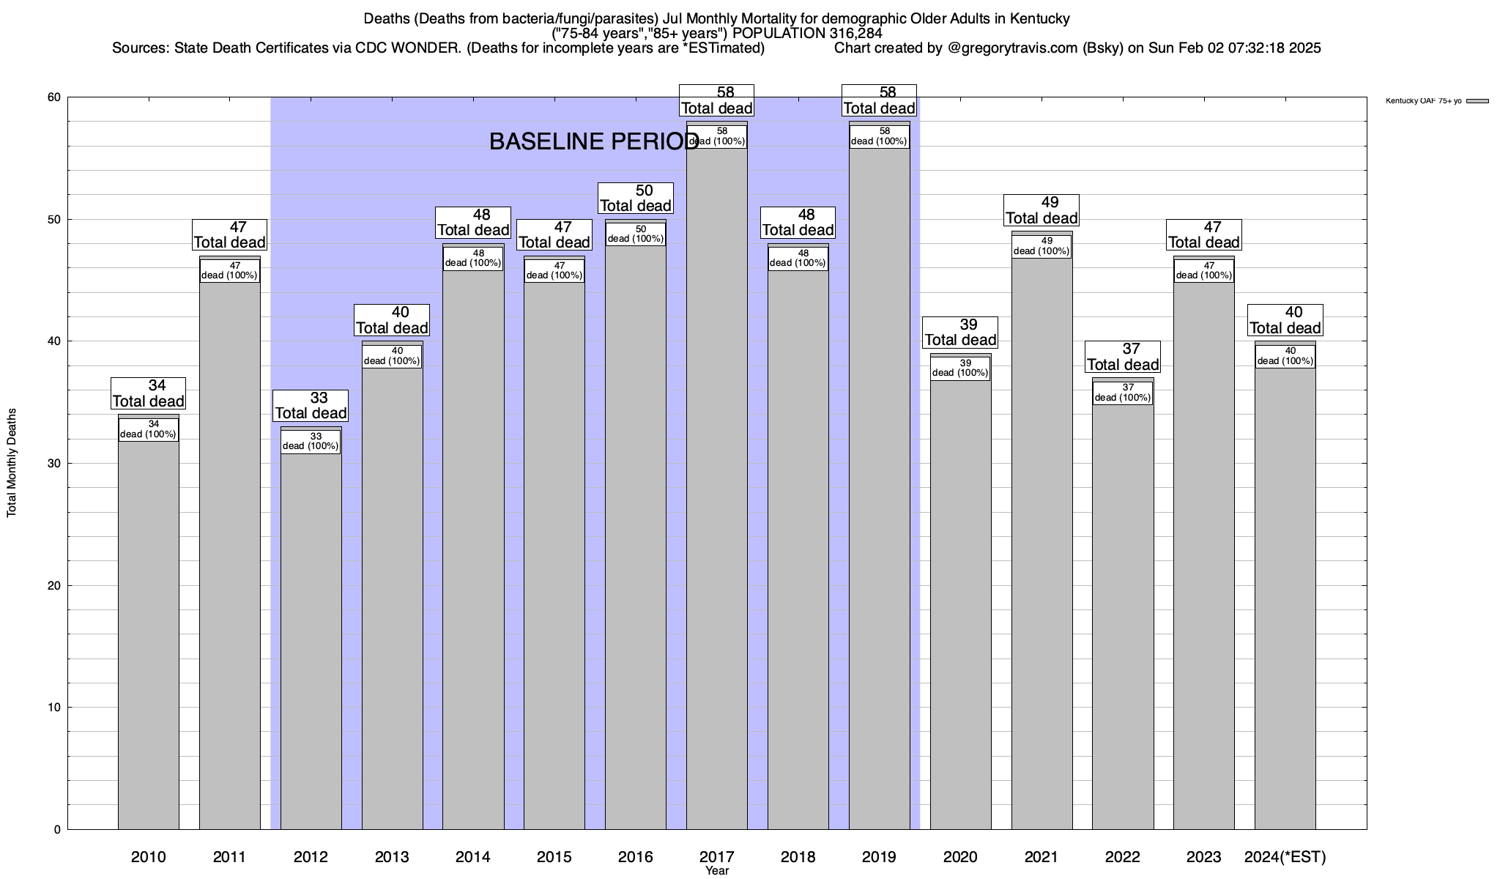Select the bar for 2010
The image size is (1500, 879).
tap(148, 630)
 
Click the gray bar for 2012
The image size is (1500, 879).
tap(311, 637)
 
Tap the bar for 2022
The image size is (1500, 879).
tap(1123, 615)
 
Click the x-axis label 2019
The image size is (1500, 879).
tap(879, 857)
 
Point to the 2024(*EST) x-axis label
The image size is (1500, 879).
tap(1285, 857)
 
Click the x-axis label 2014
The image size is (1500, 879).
tap(473, 857)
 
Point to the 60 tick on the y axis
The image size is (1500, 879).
tap(54, 97)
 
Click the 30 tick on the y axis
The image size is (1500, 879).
tap(54, 464)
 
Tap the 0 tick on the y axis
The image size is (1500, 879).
tap(58, 830)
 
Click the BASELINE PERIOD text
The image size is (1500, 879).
tap(594, 142)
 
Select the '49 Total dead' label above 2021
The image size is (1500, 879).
tap(1042, 210)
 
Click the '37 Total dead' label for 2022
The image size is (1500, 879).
tap(1123, 357)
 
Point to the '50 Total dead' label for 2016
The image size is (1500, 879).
tap(636, 199)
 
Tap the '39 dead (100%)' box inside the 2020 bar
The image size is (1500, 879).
tap(960, 368)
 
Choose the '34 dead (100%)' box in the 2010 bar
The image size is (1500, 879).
tap(148, 429)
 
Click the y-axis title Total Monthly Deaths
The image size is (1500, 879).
tap(12, 463)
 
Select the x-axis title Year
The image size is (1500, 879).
tap(717, 871)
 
